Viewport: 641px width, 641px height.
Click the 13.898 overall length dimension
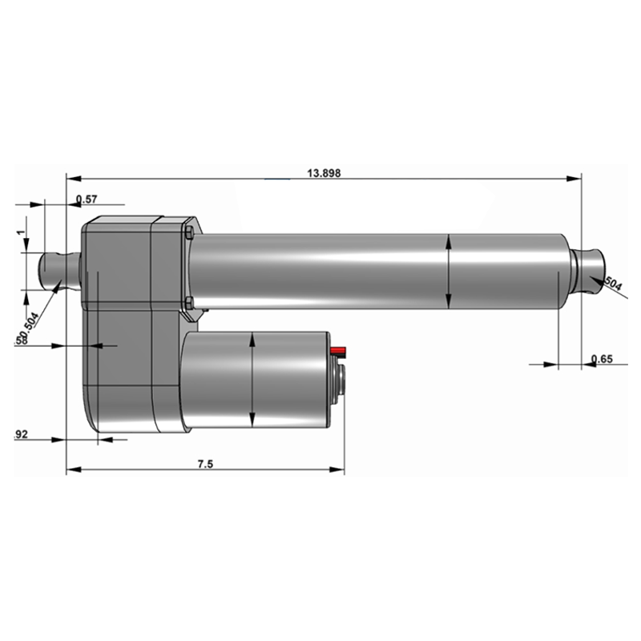pos(325,173)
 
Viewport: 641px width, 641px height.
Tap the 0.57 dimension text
pos(87,199)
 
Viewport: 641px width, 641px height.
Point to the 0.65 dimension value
pos(601,359)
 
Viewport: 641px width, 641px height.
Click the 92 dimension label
pos(22,434)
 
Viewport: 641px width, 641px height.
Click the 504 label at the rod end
pos(613,284)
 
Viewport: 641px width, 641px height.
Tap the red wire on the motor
pos(337,351)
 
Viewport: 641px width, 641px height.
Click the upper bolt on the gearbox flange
pos(187,233)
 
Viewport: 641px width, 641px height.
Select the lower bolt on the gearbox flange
pos(188,302)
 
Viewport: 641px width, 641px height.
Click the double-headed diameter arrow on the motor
pos(252,381)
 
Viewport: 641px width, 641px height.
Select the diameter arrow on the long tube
pos(449,272)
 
